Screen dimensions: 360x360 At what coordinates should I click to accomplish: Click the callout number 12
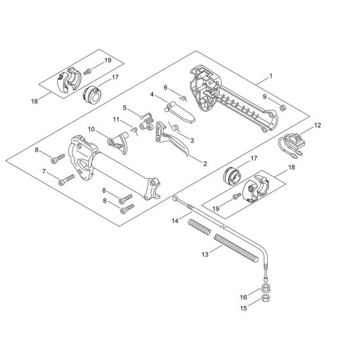[x=318, y=125]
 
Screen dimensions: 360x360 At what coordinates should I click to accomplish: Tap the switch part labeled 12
[x=292, y=145]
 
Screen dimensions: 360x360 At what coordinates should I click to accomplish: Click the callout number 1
[x=271, y=76]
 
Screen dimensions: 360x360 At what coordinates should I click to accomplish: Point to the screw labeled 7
[x=67, y=180]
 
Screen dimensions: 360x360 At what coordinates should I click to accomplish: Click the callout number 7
[x=44, y=172]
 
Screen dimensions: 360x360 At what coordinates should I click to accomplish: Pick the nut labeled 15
[x=265, y=298]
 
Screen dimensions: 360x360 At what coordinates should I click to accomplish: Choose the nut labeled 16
[x=265, y=287]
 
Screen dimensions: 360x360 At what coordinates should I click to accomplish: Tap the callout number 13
[x=205, y=255]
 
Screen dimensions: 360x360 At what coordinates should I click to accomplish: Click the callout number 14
[x=175, y=221]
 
